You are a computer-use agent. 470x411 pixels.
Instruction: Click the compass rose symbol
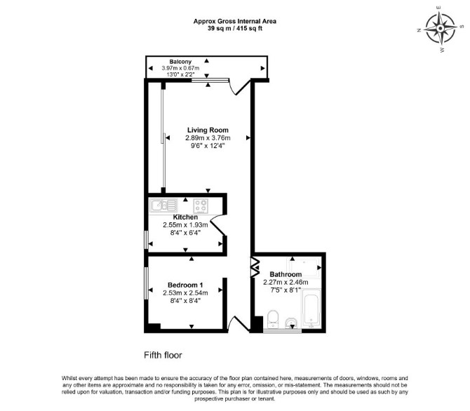(x=441, y=29)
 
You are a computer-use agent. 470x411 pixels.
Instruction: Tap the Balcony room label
(x=180, y=62)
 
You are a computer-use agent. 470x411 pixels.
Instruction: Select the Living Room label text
(x=208, y=130)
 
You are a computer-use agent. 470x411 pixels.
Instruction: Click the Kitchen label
(x=185, y=217)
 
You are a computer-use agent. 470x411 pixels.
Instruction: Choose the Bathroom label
(x=286, y=274)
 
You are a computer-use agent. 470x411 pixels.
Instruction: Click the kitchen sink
(x=163, y=205)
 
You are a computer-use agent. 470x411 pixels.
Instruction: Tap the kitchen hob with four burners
(x=201, y=206)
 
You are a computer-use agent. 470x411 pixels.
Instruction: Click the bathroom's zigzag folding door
(x=255, y=267)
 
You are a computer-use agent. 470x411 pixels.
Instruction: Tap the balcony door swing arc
(x=239, y=87)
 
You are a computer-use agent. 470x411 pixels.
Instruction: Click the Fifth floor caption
(x=163, y=355)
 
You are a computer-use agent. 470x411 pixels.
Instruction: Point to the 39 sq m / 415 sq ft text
(x=235, y=29)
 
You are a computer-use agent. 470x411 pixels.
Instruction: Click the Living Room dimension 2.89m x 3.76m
(x=208, y=138)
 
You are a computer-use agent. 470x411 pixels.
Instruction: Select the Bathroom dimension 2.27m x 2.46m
(x=286, y=282)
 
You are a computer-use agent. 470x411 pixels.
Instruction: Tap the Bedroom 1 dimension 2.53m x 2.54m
(x=185, y=292)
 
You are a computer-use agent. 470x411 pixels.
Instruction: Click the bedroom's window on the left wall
(x=146, y=283)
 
